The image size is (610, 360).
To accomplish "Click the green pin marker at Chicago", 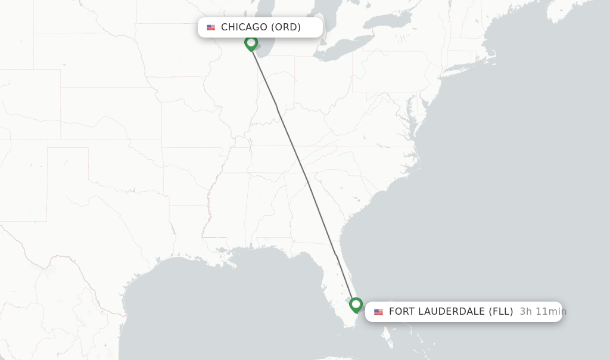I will [x=251, y=43].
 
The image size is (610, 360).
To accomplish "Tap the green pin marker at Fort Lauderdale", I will [x=356, y=305].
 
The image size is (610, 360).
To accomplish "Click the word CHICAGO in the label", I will [x=244, y=27].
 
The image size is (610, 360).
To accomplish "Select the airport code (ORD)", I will [x=286, y=27].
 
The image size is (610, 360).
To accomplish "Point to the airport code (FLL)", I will [x=501, y=312].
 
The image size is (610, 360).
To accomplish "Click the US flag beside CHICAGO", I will [x=211, y=27].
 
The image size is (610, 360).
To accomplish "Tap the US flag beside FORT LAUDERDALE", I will [x=378, y=312].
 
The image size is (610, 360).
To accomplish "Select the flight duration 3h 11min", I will [x=542, y=312].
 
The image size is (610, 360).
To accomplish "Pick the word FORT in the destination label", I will [x=402, y=312].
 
